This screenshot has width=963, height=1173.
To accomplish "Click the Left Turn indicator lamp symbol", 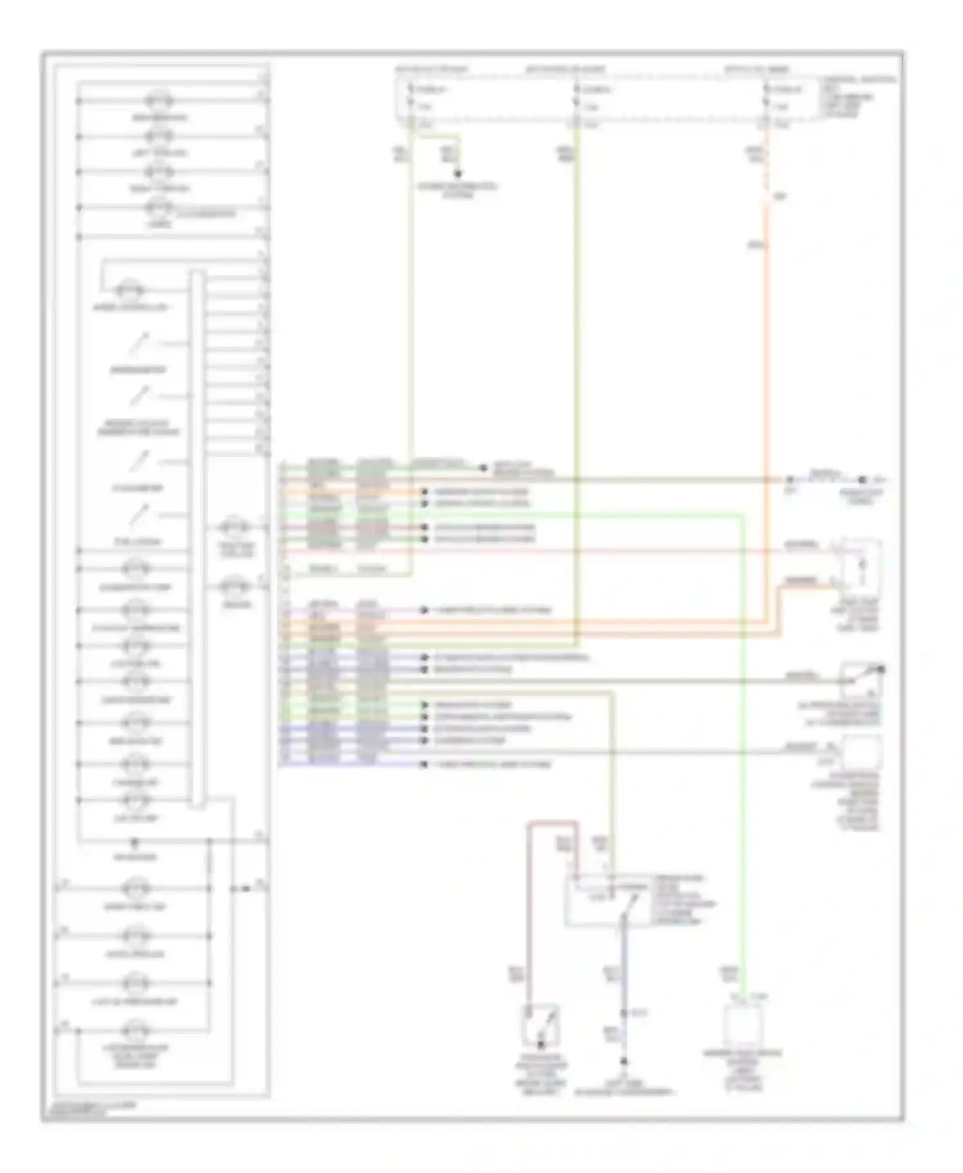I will tap(159, 137).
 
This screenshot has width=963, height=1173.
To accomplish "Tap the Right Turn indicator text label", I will tap(159, 188).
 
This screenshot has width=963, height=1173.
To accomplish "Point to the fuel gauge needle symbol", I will tap(139, 515).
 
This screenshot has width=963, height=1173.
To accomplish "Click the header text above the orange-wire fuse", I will tap(757, 69).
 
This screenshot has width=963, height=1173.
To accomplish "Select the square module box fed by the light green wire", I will tap(743, 1025).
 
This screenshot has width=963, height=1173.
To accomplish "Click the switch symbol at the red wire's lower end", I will tap(541, 1025).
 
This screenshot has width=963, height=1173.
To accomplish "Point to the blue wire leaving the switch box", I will tap(623, 963).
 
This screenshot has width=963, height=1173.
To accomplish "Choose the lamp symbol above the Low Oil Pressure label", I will tap(136, 983).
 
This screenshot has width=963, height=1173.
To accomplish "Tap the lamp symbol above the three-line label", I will tap(136, 1031).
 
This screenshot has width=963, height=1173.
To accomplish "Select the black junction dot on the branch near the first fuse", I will tap(458, 174).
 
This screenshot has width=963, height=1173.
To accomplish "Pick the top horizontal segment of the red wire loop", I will tap(552, 823).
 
